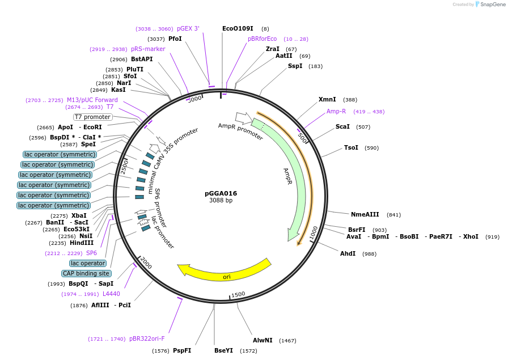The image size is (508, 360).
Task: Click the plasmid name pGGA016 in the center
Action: pos(221,193)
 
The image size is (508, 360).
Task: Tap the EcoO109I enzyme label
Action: pos(238,28)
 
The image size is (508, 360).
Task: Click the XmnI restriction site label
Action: pos(327,99)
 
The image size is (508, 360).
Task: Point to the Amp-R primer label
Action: pos(336,111)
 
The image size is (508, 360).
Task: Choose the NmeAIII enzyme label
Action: pos(365,214)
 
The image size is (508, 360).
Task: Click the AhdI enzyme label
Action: pos(348,253)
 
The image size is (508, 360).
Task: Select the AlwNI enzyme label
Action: pos(263,340)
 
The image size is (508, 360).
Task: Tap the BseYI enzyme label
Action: pos(223,350)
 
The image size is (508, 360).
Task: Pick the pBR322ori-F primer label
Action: pos(147,338)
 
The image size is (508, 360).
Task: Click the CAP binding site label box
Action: pos(86,273)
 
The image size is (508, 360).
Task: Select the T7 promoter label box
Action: pos(92,117)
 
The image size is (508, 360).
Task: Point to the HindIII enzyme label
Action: pos(82,243)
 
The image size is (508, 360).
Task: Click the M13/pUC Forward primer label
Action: pos(92,100)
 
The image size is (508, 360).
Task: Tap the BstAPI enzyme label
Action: pos(142,59)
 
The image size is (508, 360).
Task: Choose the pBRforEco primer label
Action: pos(262,39)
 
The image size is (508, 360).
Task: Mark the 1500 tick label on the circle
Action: pos(238,294)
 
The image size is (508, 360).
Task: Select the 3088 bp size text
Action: pos(221,201)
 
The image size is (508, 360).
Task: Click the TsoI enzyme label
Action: pos(351,147)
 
